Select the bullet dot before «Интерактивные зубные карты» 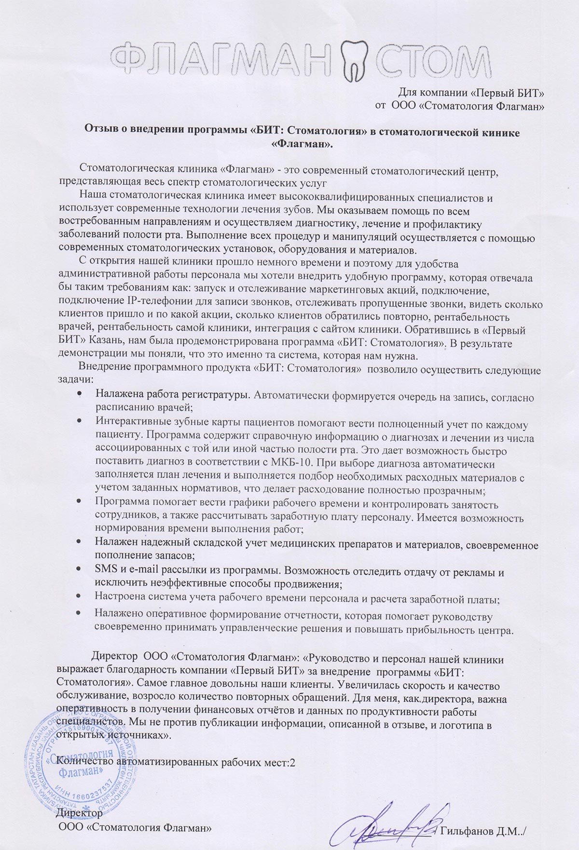[79, 421]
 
